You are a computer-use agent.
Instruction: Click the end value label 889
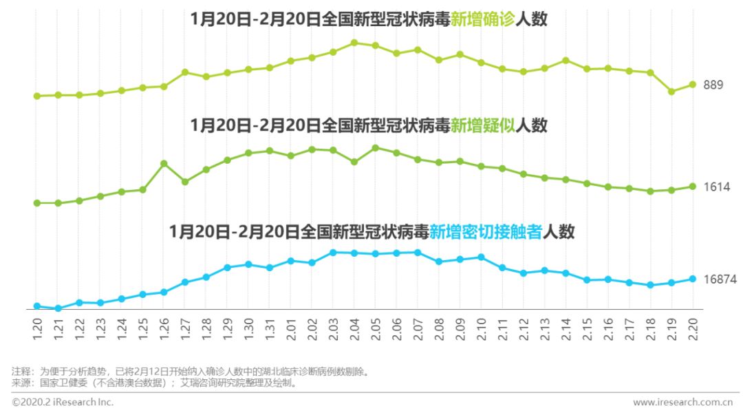coord(713,85)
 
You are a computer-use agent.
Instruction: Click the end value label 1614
coord(715,187)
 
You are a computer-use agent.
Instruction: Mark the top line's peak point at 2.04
coord(354,43)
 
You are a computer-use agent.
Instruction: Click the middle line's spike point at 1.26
coord(164,163)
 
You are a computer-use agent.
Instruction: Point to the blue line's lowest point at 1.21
coord(58,308)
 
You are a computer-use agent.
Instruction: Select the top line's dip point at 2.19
coord(671,91)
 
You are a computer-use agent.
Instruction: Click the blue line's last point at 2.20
coord(693,279)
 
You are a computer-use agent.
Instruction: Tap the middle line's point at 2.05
coord(376,148)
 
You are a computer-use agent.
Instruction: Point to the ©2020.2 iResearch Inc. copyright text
coord(63,402)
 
